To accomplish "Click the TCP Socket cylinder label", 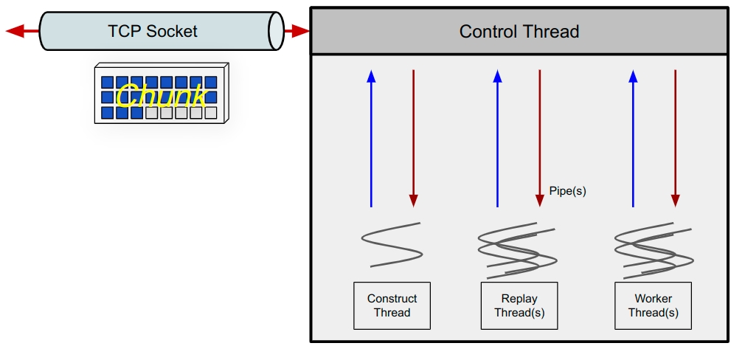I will coord(153,31).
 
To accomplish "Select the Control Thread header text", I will coord(519,32).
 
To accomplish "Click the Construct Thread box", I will coord(392,305).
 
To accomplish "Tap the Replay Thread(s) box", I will coord(519,305).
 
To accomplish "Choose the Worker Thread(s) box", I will coord(653,305).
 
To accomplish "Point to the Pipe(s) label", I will coord(567,190).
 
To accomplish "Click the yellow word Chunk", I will coord(161,97).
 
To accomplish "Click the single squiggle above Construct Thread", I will coord(392,244).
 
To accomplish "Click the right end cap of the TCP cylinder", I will coord(276,31).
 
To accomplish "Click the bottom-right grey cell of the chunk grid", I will coord(211,113).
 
